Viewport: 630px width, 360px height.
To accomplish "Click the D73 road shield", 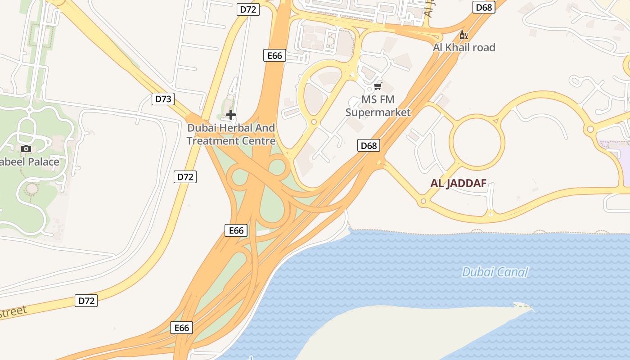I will pos(163,99).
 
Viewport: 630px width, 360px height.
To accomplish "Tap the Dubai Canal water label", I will pos(495,272).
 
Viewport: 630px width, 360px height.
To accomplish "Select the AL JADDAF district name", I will pos(459,184).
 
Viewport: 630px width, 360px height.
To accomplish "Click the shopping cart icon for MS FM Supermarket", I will pos(378,86).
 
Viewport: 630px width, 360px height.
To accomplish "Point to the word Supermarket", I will pos(378,112).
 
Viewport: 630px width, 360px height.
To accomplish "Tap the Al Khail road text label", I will pos(463,47).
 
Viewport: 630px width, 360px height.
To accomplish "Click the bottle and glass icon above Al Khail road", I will pos(463,35).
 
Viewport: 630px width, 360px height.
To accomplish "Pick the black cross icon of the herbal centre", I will pos(231,115).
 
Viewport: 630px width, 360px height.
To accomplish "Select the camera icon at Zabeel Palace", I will pos(26,148).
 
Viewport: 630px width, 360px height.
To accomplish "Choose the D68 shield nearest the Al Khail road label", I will pos(484,7).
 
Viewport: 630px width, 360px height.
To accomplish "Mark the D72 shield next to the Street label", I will pos(86,301).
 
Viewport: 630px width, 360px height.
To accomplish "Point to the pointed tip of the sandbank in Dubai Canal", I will pos(533,310).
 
